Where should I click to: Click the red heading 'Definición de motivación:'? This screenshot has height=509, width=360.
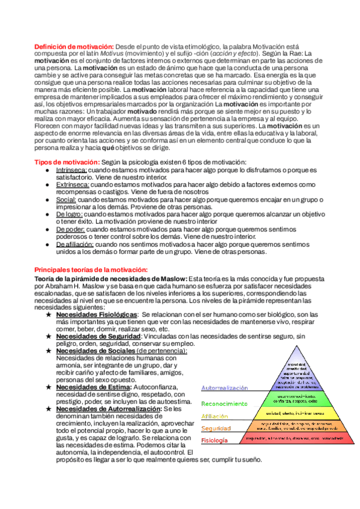click(73, 47)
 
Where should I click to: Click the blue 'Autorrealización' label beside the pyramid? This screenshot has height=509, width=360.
click(224, 388)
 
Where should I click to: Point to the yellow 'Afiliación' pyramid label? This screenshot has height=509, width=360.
click(215, 416)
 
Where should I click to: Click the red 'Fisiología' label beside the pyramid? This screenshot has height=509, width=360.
click(214, 441)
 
